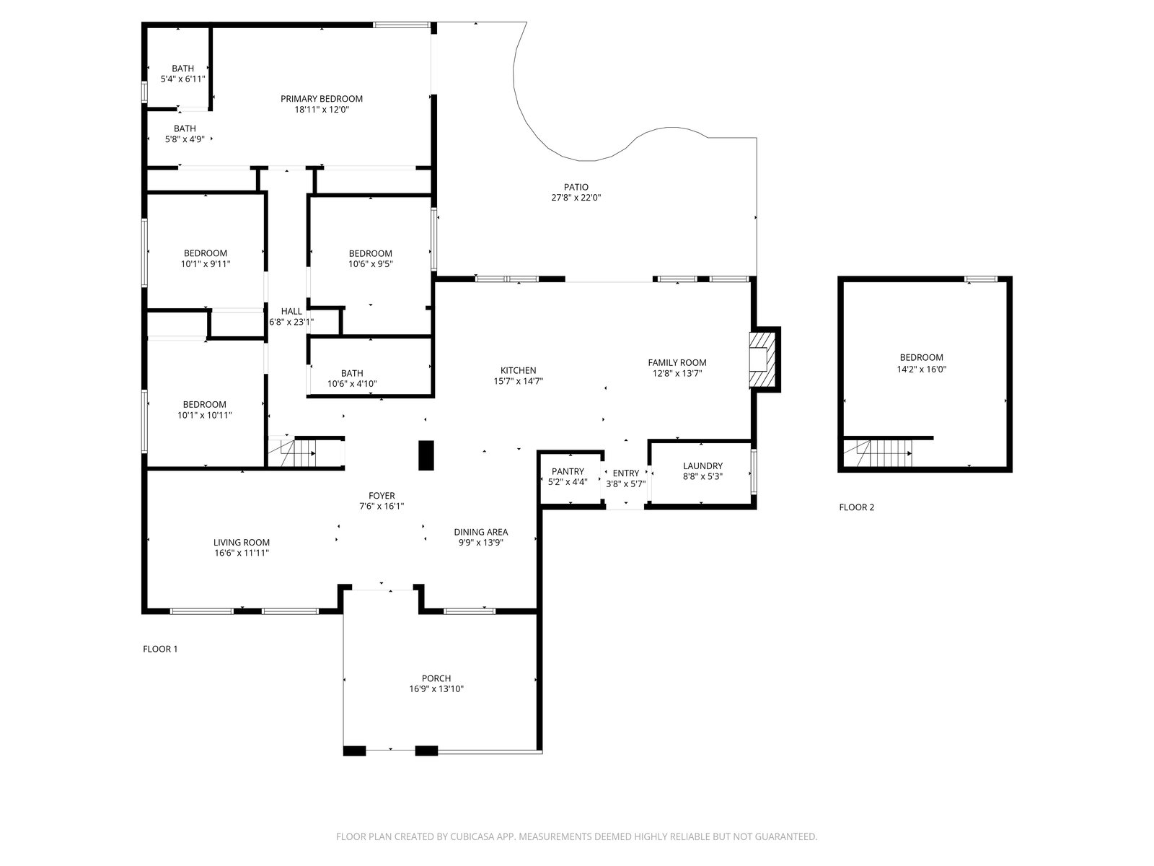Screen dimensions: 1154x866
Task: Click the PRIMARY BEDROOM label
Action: click(321, 99)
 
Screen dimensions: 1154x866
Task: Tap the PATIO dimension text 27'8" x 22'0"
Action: click(576, 198)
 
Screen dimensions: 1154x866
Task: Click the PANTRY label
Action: click(568, 472)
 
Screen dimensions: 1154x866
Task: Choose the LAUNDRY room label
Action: click(702, 466)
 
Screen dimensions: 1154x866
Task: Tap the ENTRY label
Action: click(625, 473)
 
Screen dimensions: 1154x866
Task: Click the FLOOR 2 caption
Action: click(856, 507)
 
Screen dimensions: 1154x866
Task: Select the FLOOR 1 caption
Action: click(160, 649)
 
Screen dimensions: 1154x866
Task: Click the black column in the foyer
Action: click(426, 455)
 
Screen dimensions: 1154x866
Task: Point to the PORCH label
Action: click(436, 678)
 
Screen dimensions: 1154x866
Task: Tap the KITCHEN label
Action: click(519, 371)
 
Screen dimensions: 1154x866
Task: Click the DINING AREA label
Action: click(481, 532)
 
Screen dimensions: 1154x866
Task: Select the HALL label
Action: click(291, 311)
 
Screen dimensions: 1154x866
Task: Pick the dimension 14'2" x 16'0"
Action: click(921, 369)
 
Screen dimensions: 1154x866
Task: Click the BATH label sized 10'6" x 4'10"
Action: click(352, 373)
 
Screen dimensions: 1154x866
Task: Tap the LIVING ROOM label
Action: click(242, 543)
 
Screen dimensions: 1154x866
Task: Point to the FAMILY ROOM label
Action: click(677, 363)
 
